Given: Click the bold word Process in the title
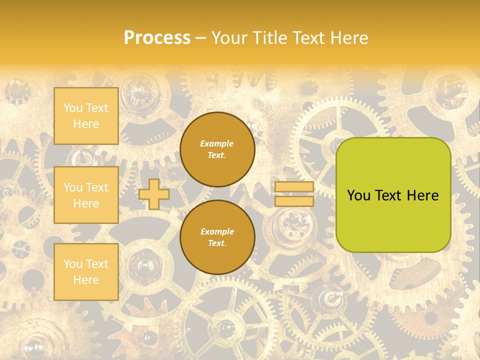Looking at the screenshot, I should click(157, 38).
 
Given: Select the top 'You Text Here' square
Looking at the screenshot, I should click(86, 116).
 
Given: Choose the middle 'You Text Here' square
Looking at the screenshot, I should click(86, 195).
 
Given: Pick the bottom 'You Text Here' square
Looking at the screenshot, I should click(86, 272).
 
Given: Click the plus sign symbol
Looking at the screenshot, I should click(154, 194).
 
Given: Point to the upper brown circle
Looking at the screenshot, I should click(217, 149).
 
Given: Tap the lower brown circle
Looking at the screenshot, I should click(217, 237).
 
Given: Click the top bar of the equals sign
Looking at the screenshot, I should click(294, 187).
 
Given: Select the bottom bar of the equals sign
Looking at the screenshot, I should click(294, 201).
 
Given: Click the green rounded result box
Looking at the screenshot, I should click(393, 195).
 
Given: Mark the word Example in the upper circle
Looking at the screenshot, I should click(217, 143).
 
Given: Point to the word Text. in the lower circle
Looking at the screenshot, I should click(217, 243).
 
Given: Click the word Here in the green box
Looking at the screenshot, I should click(422, 195).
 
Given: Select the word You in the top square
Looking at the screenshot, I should click(72, 108).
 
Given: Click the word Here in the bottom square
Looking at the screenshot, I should click(86, 280).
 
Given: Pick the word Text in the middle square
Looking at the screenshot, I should click(97, 187).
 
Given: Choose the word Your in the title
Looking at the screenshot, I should click(229, 38).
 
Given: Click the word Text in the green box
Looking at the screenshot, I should click(388, 195).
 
